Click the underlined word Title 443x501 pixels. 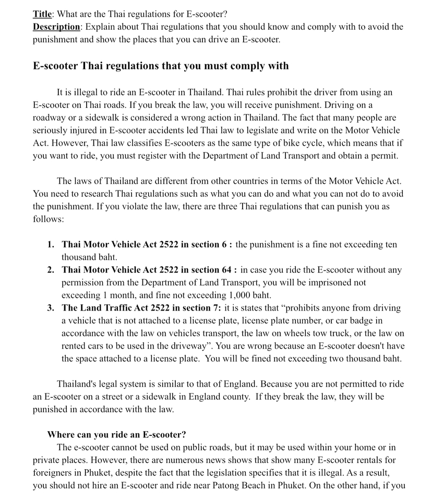pos(44,14)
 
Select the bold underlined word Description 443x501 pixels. pos(56,26)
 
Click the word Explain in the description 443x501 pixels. pos(100,26)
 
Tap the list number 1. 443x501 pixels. pos(50,244)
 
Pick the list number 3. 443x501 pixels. pos(50,308)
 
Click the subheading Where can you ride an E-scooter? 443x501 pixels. pos(116,434)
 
